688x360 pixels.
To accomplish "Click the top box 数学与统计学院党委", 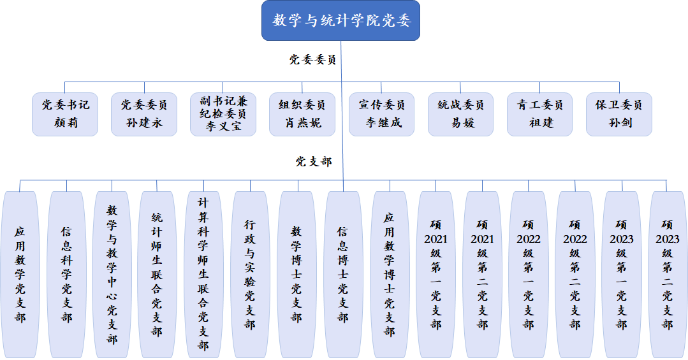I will [340, 20].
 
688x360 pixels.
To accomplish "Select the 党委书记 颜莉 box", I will [65, 114].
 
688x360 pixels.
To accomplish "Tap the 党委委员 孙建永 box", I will [144, 114].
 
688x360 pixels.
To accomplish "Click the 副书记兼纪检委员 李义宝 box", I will [223, 114].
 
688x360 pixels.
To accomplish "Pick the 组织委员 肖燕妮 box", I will [302, 114].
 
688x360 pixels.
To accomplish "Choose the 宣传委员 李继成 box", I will [382, 114].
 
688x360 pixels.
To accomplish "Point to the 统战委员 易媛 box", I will [460, 114].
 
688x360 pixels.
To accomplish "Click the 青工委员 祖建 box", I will [539, 114].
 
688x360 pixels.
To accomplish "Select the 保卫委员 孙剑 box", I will [618, 114].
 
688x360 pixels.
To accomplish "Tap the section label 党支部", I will [314, 162].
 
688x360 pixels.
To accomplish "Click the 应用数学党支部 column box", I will [20, 274].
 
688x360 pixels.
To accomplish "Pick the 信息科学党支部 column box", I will [66, 274].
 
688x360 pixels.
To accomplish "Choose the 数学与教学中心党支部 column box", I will [112, 274].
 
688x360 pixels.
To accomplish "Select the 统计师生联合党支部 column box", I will [157, 274].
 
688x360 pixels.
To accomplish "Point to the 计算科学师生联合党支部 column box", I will [203, 274].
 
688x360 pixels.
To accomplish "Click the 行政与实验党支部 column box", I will [250, 274].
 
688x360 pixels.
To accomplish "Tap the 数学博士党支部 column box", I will [296, 274].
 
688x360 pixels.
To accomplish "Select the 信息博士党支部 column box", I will [343, 274].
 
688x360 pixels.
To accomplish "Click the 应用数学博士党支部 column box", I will [390, 274].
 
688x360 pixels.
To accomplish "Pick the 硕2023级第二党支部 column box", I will [668, 274].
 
